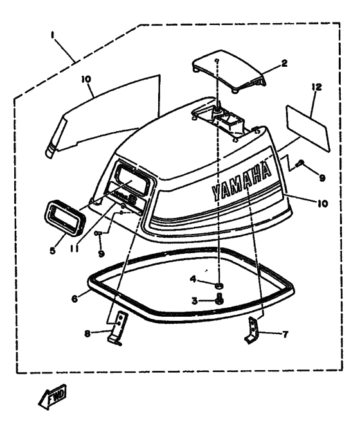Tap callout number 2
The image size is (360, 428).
click(284, 64)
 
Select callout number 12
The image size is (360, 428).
click(316, 87)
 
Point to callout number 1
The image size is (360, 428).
click(52, 35)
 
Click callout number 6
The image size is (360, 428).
click(75, 298)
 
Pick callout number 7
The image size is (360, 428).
click(285, 334)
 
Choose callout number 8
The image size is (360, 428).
click(87, 334)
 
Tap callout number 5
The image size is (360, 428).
click(53, 250)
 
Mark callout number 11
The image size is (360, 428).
click(74, 249)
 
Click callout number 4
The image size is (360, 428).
click(193, 279)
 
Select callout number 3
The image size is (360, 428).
click(194, 301)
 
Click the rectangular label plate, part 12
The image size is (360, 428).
click(308, 129)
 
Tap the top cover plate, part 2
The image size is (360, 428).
click(229, 71)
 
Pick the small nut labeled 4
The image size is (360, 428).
click(219, 286)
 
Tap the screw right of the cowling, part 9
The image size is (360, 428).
click(300, 163)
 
